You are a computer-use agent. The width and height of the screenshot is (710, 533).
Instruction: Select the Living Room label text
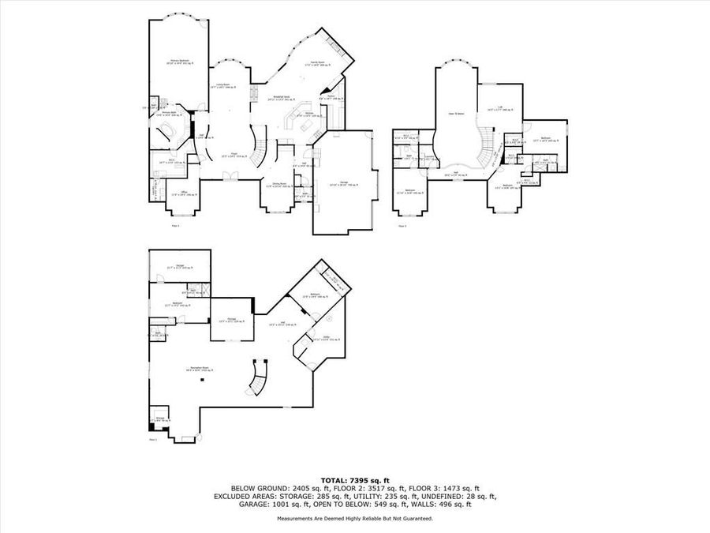click(224, 86)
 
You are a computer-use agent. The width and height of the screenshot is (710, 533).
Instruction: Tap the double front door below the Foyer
click(229, 179)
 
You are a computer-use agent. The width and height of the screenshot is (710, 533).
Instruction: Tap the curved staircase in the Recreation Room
click(258, 378)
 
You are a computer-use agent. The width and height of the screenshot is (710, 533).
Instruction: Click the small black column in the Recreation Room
click(203, 380)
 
